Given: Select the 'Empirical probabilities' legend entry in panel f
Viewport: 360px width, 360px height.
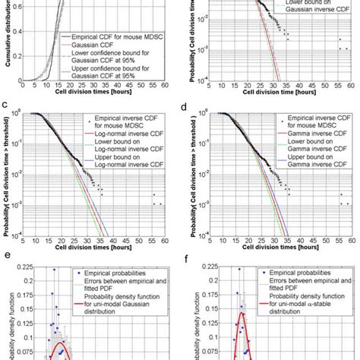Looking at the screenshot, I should [x=289, y=270].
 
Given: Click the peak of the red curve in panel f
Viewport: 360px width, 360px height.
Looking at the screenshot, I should [x=243, y=312].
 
